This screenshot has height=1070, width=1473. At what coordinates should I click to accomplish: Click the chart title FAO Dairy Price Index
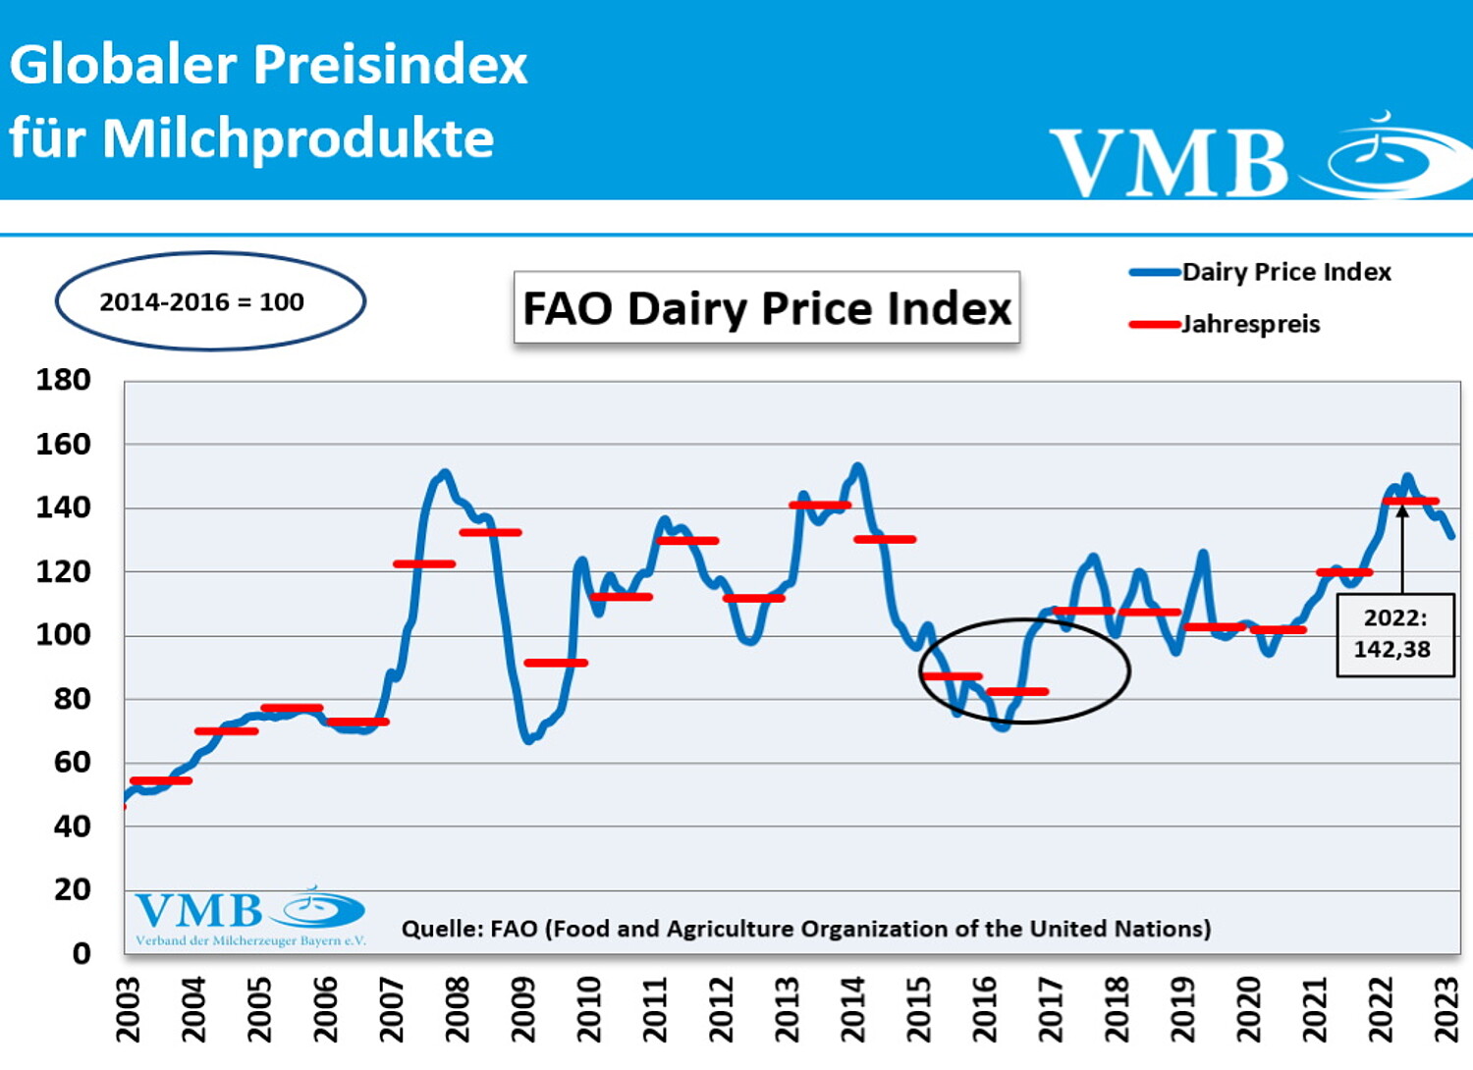766,308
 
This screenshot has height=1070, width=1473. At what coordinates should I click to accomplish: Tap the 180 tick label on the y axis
64,380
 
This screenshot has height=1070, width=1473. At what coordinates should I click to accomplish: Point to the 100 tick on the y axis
64,635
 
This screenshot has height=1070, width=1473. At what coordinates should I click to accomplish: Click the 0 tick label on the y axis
82,953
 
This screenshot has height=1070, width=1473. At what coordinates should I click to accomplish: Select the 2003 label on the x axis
128,1009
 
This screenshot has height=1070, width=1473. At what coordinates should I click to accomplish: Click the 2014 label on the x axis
852,1009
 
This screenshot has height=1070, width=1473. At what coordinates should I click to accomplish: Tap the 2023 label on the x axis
1446,1009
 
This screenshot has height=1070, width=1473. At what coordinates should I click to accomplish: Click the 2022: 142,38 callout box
1394,634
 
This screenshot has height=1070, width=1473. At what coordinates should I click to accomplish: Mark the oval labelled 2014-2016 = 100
210,301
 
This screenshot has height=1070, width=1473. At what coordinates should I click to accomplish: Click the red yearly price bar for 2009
556,663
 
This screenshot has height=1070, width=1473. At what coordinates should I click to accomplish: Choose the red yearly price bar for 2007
424,563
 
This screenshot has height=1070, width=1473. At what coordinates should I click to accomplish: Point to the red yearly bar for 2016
1017,692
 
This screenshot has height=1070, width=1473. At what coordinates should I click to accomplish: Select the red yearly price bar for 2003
161,781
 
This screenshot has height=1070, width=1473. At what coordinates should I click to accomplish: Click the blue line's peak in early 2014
857,466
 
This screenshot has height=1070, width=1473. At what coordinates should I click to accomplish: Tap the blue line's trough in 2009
528,739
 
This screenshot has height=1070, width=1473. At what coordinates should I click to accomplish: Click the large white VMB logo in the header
1169,162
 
